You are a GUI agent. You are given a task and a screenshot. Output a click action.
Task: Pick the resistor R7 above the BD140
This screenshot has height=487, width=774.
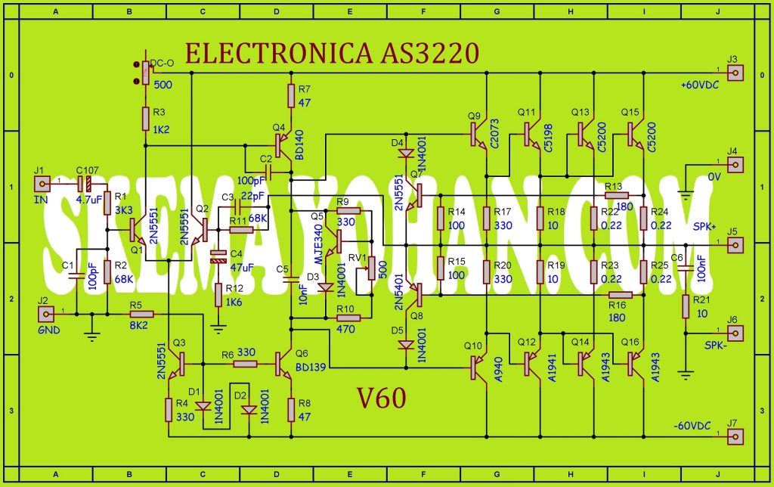coord(291,96)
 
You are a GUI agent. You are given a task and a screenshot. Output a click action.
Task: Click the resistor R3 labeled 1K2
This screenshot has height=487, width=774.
coord(145,118)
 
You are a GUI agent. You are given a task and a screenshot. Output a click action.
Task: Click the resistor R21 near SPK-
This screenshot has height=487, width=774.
coord(685,306)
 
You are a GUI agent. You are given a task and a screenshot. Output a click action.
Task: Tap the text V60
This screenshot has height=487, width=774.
coord(382,397)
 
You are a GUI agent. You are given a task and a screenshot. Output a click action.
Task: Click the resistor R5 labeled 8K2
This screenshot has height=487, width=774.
coord(142,313)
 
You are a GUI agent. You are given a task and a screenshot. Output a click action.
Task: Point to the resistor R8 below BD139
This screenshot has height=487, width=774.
coord(291,408)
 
